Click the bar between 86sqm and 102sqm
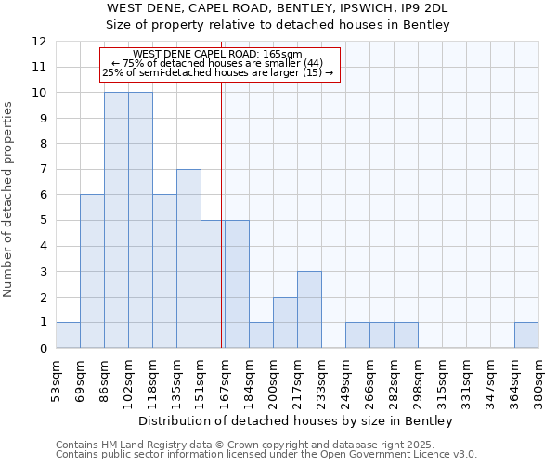116,220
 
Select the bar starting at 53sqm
68,335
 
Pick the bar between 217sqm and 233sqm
309,310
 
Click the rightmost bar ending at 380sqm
526,335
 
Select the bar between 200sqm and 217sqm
285,322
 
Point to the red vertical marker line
222,213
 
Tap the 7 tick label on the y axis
43,170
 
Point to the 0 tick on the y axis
43,349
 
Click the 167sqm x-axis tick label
226,379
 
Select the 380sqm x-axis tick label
539,379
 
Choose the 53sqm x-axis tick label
57,379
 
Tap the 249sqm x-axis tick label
346,379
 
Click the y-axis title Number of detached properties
9,200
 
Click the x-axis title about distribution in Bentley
297,421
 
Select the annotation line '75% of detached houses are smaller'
218,63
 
